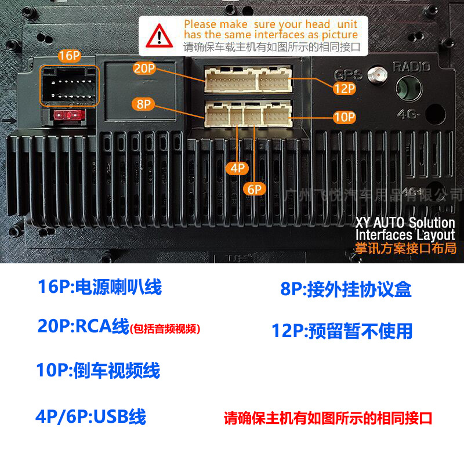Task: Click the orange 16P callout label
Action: [68, 56]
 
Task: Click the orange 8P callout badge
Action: [143, 104]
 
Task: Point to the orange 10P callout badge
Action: [343, 117]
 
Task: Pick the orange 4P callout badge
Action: [238, 168]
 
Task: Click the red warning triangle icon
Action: [158, 37]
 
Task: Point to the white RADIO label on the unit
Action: [411, 67]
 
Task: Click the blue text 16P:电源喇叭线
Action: [99, 287]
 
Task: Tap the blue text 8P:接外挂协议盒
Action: [346, 289]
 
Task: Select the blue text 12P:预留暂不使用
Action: [342, 331]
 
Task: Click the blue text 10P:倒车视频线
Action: [99, 370]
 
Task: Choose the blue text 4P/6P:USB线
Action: [90, 416]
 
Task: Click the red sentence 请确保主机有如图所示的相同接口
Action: [328, 418]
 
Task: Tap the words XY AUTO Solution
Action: [405, 223]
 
